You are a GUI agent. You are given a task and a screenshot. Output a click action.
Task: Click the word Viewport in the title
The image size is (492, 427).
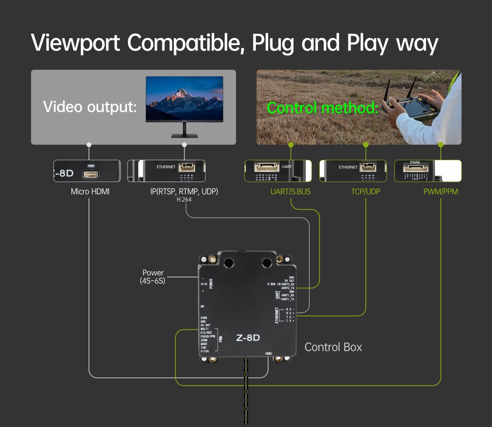click(x=75, y=43)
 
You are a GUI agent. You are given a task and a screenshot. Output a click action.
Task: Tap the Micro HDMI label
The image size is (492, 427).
click(x=90, y=191)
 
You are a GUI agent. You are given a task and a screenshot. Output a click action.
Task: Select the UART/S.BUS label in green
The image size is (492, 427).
click(x=290, y=191)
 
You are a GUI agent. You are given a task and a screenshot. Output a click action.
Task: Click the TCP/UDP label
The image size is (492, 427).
click(x=365, y=191)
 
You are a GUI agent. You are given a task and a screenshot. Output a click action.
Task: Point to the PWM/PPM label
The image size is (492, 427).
click(x=440, y=191)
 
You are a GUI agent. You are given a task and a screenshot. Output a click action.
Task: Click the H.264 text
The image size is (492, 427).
click(x=184, y=200)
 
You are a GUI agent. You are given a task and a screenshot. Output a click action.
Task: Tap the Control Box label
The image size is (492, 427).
click(x=333, y=347)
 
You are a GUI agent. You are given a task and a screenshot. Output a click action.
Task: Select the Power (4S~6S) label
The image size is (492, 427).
click(x=153, y=277)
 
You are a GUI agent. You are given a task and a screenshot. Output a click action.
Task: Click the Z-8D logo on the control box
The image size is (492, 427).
click(x=248, y=338)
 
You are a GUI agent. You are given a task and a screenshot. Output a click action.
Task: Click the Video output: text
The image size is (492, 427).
click(x=90, y=107)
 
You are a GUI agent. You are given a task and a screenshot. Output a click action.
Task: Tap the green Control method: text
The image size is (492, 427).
click(x=322, y=108)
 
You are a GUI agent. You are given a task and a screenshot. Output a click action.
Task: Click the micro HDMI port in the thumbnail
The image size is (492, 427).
click(x=91, y=174)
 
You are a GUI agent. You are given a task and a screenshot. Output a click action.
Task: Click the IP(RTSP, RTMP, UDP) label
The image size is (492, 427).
click(x=184, y=191)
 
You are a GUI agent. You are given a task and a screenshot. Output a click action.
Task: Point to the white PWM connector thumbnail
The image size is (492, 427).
click(x=416, y=168)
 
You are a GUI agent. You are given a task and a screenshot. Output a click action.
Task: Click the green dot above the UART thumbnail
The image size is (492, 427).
click(x=291, y=145)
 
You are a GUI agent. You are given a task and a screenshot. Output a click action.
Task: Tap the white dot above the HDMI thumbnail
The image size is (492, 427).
click(x=89, y=145)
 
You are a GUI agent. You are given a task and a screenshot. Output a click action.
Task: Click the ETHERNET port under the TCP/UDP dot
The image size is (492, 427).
click(x=368, y=167)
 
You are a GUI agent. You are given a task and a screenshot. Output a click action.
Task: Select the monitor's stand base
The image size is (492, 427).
click(x=184, y=136)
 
